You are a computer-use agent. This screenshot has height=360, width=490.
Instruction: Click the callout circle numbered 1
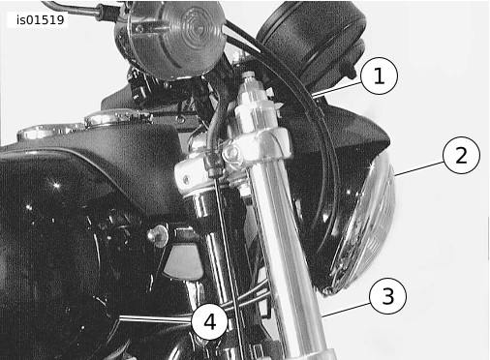click(379, 75)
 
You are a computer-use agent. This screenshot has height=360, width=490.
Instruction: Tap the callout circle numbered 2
click(462, 155)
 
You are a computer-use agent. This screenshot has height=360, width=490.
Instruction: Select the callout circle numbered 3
click(387, 296)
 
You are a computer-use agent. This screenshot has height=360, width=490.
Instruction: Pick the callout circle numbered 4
click(210, 321)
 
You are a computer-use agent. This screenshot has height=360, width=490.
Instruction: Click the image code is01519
click(41, 20)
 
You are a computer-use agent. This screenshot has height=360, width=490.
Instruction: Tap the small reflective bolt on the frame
click(159, 235)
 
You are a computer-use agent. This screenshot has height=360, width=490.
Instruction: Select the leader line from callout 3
click(346, 310)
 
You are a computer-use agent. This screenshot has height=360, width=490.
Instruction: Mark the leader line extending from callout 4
click(156, 319)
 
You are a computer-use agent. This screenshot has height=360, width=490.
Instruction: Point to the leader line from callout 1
click(336, 89)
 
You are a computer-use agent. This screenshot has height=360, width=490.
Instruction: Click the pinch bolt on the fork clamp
click(231, 154)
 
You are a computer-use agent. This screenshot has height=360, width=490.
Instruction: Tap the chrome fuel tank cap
click(118, 118)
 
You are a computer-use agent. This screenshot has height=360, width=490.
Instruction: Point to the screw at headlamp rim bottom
click(328, 291)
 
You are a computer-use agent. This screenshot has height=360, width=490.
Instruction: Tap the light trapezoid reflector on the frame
click(182, 261)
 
